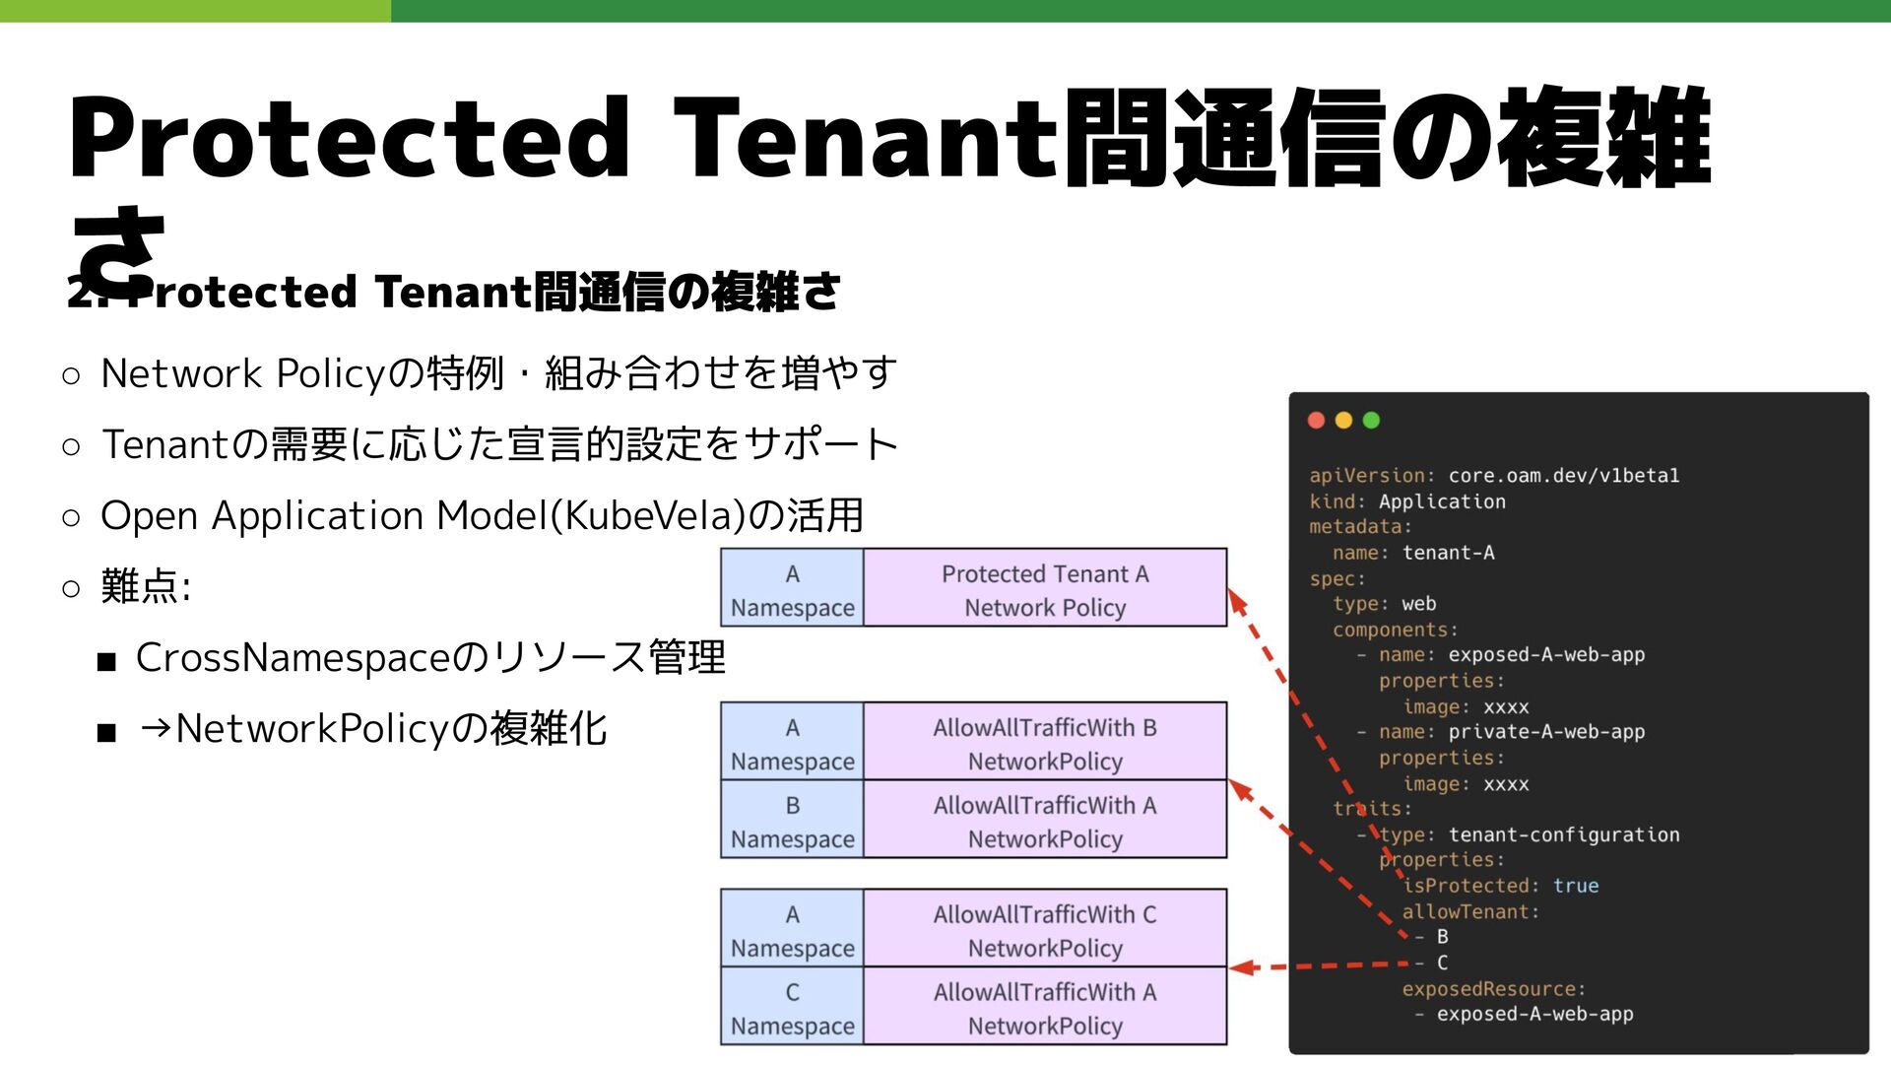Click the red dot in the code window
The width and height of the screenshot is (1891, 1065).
[x=1316, y=421]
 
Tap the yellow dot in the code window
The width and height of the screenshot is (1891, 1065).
[x=1343, y=421]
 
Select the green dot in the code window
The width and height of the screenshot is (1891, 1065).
[x=1371, y=421]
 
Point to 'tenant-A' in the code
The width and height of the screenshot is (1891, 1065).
[x=1448, y=553]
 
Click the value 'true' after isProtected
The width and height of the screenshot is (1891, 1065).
[x=1575, y=886]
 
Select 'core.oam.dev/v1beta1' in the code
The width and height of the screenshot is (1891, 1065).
[x=1563, y=476]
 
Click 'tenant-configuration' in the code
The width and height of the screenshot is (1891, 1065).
[x=1563, y=834]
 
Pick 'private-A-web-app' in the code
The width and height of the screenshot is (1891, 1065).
[x=1545, y=732]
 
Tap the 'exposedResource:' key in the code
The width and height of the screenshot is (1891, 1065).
[x=1493, y=988]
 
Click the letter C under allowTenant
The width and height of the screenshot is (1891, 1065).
[x=1442, y=963]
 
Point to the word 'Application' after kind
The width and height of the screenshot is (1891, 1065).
[x=1442, y=501]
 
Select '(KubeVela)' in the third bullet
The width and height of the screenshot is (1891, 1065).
[x=649, y=515]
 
